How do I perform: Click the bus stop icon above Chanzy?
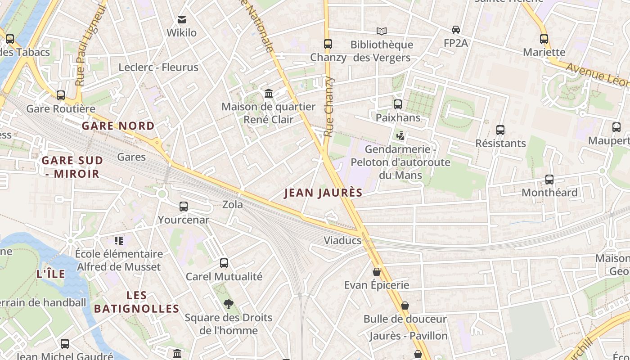pos(328,44)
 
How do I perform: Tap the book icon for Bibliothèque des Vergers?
pos(382,31)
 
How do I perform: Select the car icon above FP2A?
pos(455,30)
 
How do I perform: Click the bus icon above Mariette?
pos(544,39)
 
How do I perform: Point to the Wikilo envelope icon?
pos(182,20)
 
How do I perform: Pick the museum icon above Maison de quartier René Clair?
pos(269,94)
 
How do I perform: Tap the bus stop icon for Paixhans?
pos(398,104)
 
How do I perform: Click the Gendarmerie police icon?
pos(400,135)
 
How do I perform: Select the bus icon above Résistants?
pos(500,130)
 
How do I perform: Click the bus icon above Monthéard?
pos(549,180)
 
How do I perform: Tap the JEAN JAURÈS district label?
pos(324,193)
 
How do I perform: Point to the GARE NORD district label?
pos(118,126)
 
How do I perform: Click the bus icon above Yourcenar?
pos(184,207)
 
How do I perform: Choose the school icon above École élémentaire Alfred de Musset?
pos(119,241)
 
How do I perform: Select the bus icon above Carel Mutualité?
pos(224,263)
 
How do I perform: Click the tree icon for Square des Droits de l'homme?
pos(229,304)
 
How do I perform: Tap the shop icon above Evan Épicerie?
pos(377,272)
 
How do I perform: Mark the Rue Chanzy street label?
pos(329,107)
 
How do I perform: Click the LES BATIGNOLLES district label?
pos(137,302)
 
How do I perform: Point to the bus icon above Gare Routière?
pos(61,95)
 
